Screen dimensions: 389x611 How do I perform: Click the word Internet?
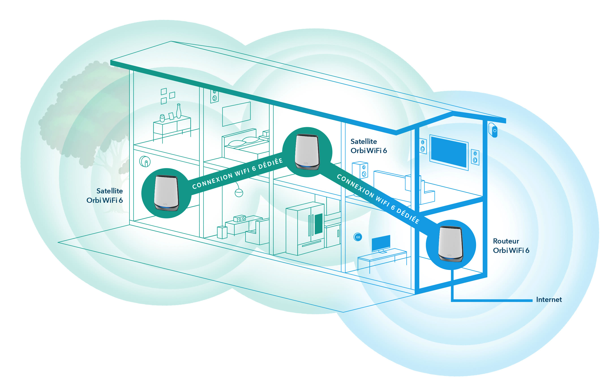(549, 300)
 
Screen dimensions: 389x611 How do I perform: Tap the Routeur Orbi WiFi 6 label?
(511, 246)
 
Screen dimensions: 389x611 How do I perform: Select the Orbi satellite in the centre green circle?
(307, 152)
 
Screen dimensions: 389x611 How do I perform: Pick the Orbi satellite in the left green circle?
(166, 193)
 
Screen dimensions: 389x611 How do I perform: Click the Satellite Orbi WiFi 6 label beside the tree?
(105, 196)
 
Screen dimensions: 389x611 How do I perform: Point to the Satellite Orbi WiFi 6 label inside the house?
(369, 146)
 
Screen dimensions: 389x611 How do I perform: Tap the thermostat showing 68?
(358, 237)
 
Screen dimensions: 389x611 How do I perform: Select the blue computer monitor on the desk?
(381, 243)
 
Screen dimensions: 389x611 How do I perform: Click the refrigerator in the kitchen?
(305, 228)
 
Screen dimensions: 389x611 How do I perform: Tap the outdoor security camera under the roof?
(494, 130)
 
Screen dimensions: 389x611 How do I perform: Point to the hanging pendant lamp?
(239, 193)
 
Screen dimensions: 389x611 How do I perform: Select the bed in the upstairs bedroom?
(245, 145)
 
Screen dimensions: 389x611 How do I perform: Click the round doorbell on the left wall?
(145, 161)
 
